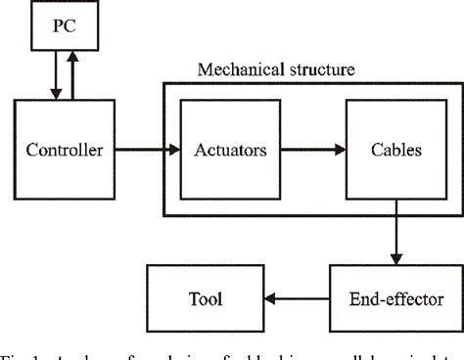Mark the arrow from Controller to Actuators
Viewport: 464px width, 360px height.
click(147, 150)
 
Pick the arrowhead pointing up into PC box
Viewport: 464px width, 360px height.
click(73, 56)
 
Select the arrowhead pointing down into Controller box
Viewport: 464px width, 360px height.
click(57, 96)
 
